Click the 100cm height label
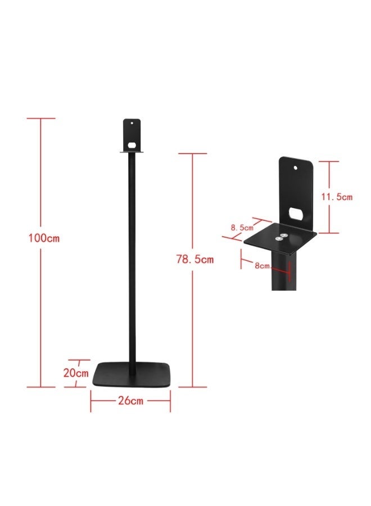point(44,238)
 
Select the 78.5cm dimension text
point(195,259)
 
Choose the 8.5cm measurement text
point(241,228)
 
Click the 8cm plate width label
point(263,265)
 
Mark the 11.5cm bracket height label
point(336,197)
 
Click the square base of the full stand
point(132,374)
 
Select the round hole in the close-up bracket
point(296,166)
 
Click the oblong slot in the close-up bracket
point(296,213)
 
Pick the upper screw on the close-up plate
point(284,228)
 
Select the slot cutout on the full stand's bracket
point(132,144)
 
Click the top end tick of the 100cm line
point(41,119)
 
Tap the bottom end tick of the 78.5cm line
point(192,387)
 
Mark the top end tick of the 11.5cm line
point(329,161)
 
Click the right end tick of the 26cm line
point(170,401)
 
